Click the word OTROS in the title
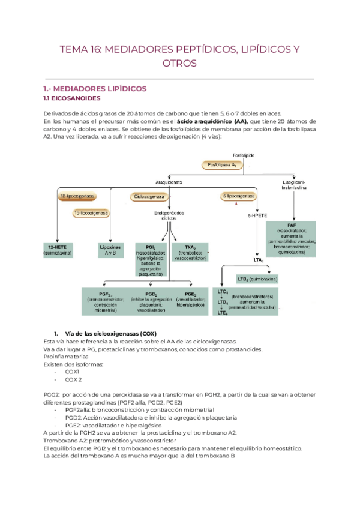click(x=179, y=63)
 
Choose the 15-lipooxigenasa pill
click(x=91, y=213)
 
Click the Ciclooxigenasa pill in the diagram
click(x=149, y=196)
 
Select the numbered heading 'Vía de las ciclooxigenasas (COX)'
click(x=106, y=333)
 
